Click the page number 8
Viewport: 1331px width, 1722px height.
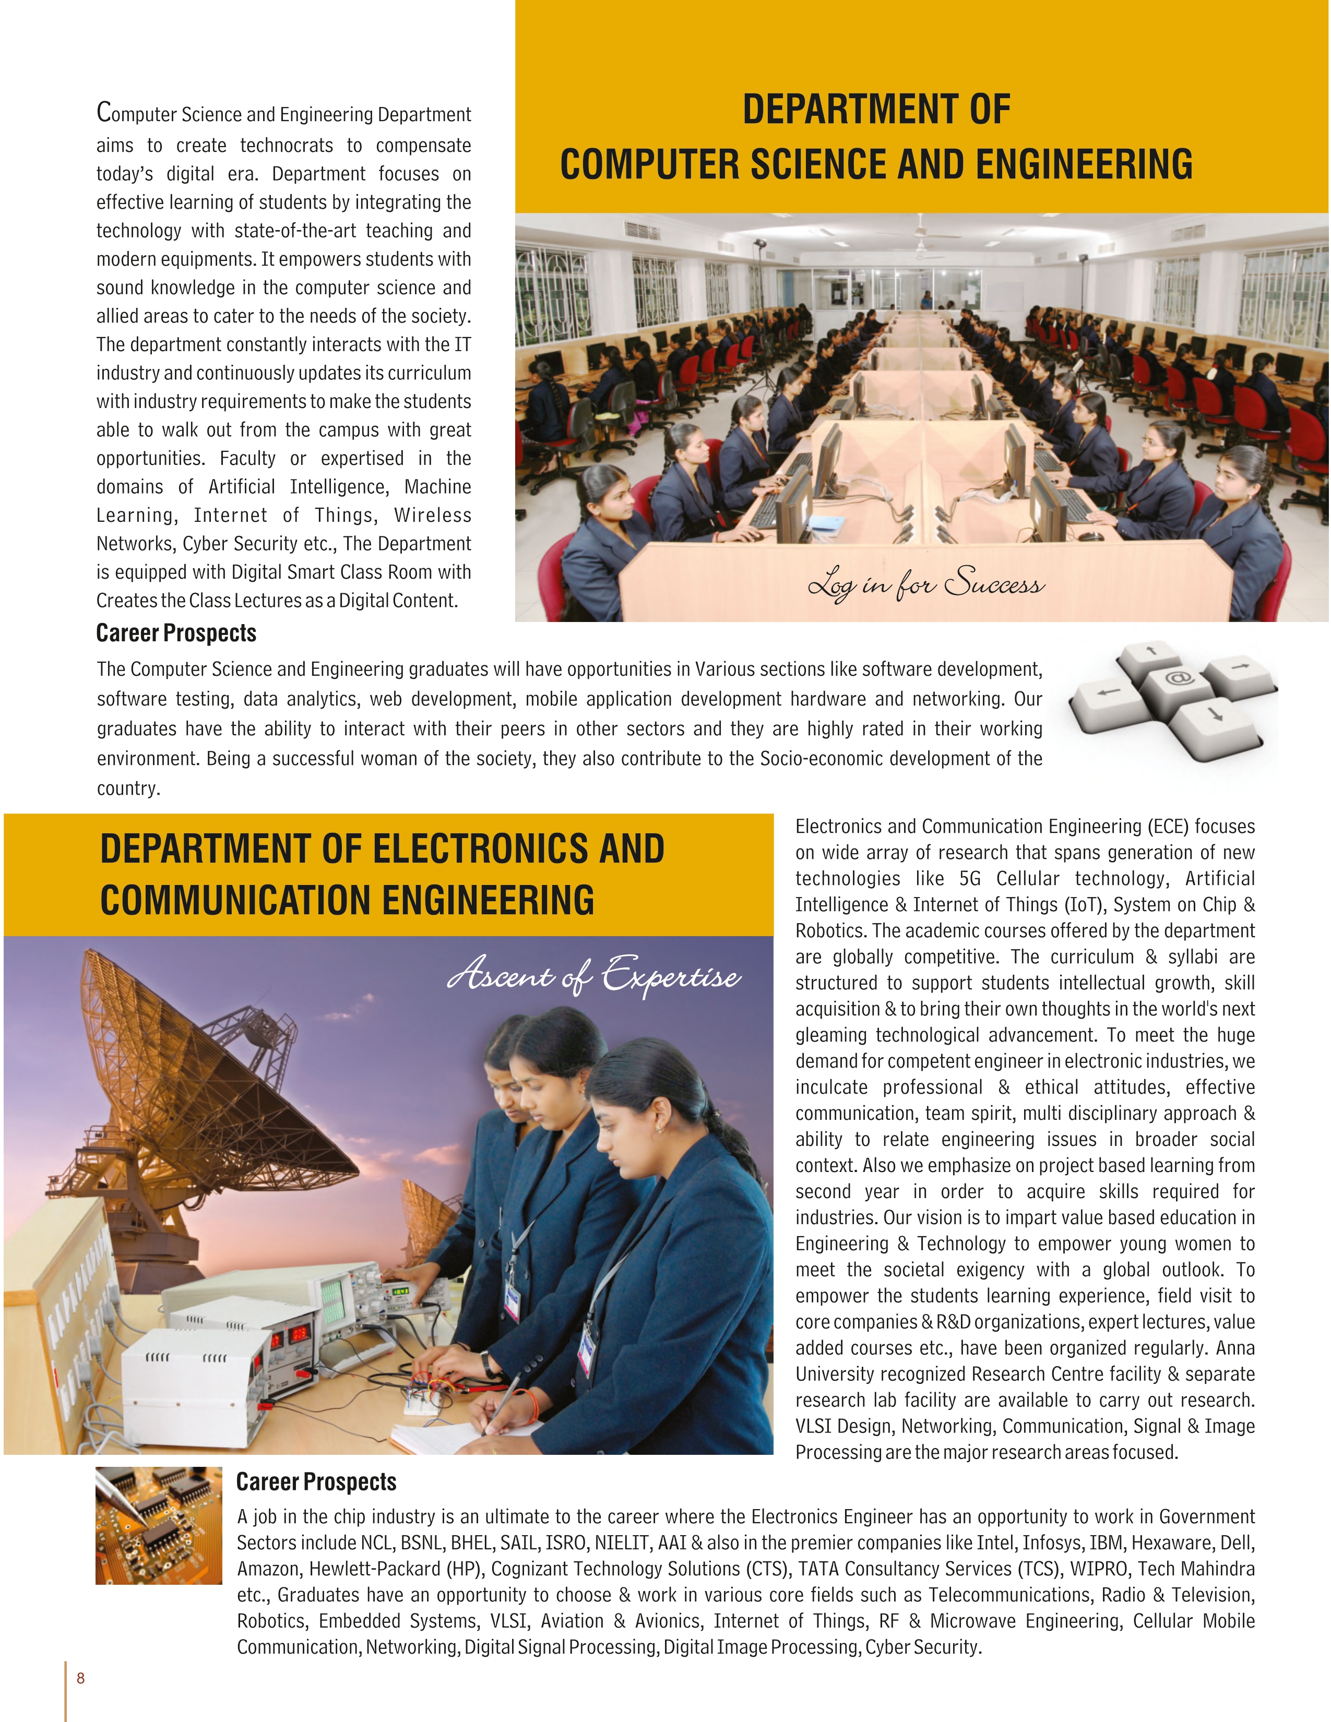[80, 1678]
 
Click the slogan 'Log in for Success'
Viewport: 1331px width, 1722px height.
[926, 583]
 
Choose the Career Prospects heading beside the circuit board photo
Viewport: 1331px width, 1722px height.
[316, 1481]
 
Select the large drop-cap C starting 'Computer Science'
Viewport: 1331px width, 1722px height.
[104, 112]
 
